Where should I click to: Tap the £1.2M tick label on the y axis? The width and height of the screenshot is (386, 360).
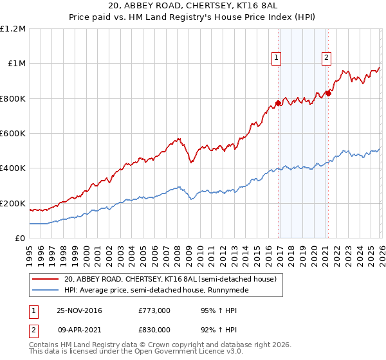pyautogui.click(x=13, y=29)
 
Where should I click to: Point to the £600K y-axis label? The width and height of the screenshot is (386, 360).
pyautogui.click(x=13, y=134)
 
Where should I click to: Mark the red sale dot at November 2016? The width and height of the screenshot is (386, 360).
pyautogui.click(x=278, y=103)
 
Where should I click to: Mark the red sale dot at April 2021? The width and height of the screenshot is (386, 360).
pyautogui.click(x=327, y=93)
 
